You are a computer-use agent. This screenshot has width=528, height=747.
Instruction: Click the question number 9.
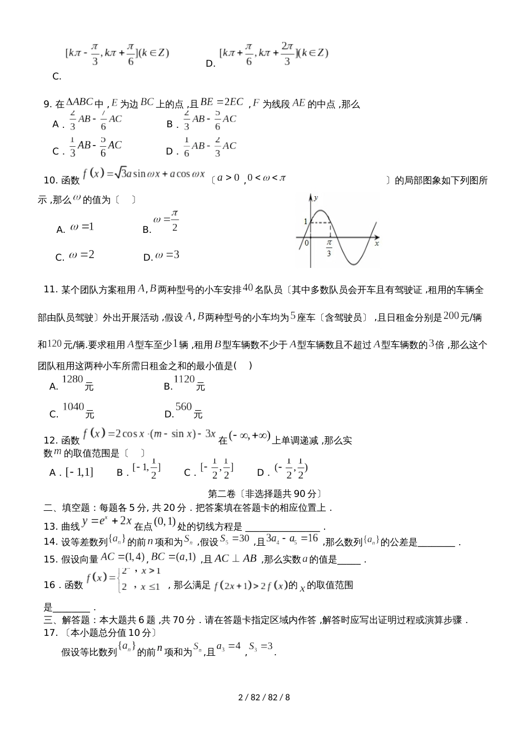pyautogui.click(x=47, y=104)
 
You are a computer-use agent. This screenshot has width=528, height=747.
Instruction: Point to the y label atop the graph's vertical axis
pyautogui.click(x=316, y=198)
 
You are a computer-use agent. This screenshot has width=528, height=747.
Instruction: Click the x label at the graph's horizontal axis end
pyautogui.click(x=376, y=243)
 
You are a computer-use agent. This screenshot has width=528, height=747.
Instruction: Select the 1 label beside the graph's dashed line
pyautogui.click(x=305, y=222)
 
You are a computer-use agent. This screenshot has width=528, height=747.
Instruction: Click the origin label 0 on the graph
pyautogui.click(x=306, y=243)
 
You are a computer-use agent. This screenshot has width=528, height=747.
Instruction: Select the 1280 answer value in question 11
pyautogui.click(x=72, y=380)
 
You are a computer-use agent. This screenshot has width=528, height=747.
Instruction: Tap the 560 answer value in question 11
pyautogui.click(x=183, y=407)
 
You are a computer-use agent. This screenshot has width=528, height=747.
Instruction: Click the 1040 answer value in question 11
pyautogui.click(x=73, y=407)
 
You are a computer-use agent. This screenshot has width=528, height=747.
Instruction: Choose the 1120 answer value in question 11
pyautogui.click(x=184, y=380)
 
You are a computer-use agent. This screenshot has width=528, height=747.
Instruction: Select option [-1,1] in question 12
pyautogui.click(x=79, y=472)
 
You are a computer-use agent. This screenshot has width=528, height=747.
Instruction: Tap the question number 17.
pyautogui.click(x=50, y=633)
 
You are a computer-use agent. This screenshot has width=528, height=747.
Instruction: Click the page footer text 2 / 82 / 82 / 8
pyautogui.click(x=264, y=697)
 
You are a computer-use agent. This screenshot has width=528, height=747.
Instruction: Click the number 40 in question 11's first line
pyautogui.click(x=248, y=288)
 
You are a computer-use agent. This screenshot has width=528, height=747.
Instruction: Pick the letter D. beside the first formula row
pyautogui.click(x=210, y=64)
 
